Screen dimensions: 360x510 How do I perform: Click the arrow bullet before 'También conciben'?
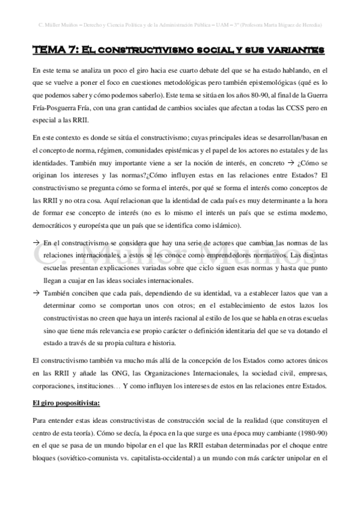tap(37, 293)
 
